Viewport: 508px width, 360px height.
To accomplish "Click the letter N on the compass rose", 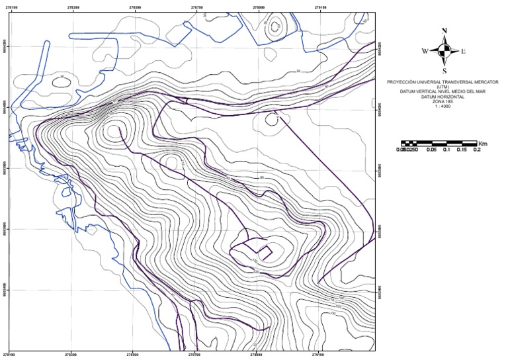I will tap(444, 30).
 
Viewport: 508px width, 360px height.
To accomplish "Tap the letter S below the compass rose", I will tap(444, 71).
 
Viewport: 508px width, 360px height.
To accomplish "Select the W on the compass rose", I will tap(425, 51).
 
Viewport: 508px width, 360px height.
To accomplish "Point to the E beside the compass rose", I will tap(464, 51).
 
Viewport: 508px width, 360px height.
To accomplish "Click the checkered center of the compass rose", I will tap(444, 50).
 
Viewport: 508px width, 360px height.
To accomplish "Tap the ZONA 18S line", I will tap(444, 102).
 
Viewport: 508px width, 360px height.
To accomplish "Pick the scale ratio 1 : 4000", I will tap(444, 107).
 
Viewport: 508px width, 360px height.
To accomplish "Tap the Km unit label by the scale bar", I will tap(483, 142).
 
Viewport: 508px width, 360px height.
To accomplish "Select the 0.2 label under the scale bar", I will tap(476, 150).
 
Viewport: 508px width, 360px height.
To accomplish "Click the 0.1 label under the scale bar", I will tap(446, 150).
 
